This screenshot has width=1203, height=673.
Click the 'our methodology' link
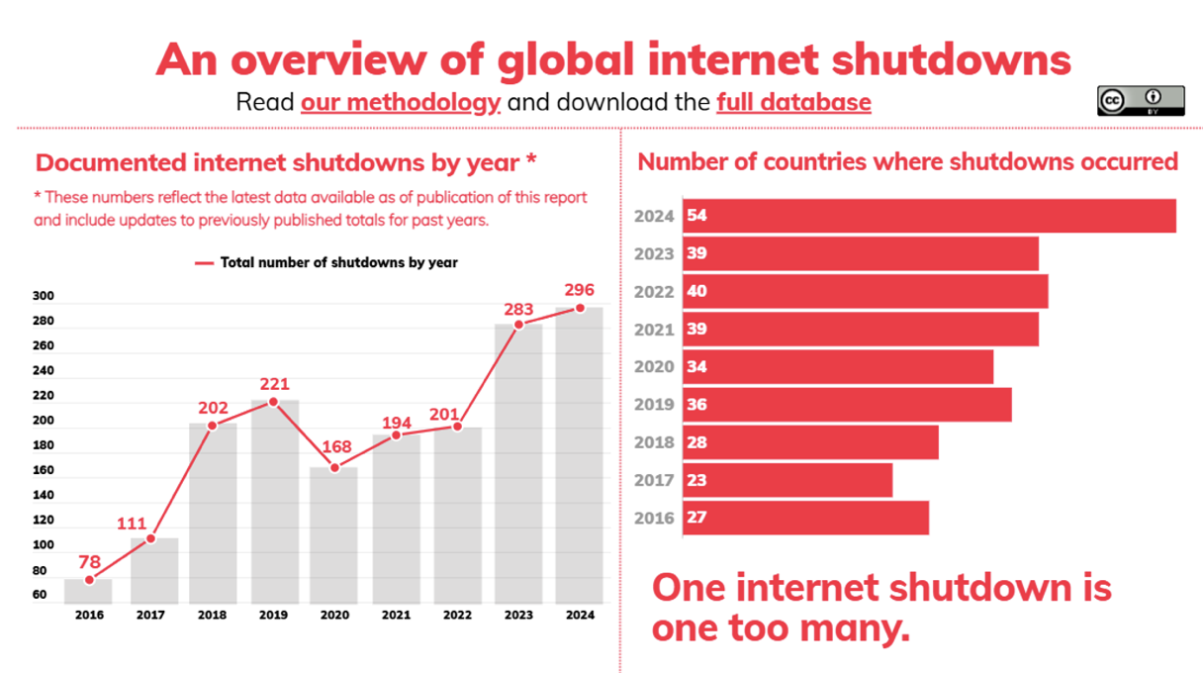[x=401, y=102]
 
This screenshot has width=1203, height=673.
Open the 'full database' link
[x=793, y=102]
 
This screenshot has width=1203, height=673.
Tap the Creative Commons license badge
[x=1140, y=101]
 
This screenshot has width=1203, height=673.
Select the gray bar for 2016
[x=89, y=592]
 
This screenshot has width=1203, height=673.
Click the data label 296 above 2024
[x=579, y=290]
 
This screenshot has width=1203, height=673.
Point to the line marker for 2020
[x=334, y=467]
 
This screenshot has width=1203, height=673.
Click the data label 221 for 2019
[x=273, y=383]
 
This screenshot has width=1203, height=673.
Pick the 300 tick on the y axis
[x=44, y=296]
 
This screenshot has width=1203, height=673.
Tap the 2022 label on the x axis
[x=457, y=616]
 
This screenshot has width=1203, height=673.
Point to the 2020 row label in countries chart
[x=653, y=367]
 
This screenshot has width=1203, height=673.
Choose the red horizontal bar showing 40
[x=865, y=292]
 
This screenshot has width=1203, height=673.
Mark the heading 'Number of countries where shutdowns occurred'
[x=907, y=161]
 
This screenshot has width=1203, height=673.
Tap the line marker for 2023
[x=518, y=324]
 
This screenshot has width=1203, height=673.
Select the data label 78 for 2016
[x=90, y=562]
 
